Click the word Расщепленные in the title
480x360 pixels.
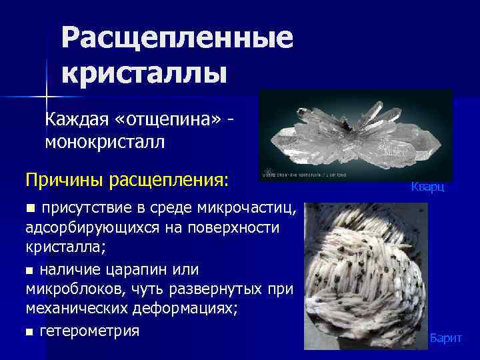point(177,39)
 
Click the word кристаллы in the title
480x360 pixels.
point(145,71)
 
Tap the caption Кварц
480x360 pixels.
point(427,189)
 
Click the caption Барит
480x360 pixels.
point(445,339)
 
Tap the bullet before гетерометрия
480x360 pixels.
point(29,332)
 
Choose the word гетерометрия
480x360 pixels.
point(89,331)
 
